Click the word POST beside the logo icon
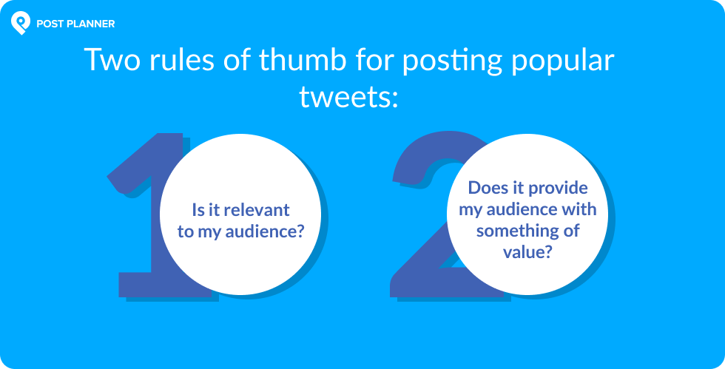tap(47, 24)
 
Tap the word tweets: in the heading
tap(348, 96)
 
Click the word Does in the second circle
tap(485, 188)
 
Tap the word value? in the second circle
tap(527, 251)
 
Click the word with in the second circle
tap(579, 209)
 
